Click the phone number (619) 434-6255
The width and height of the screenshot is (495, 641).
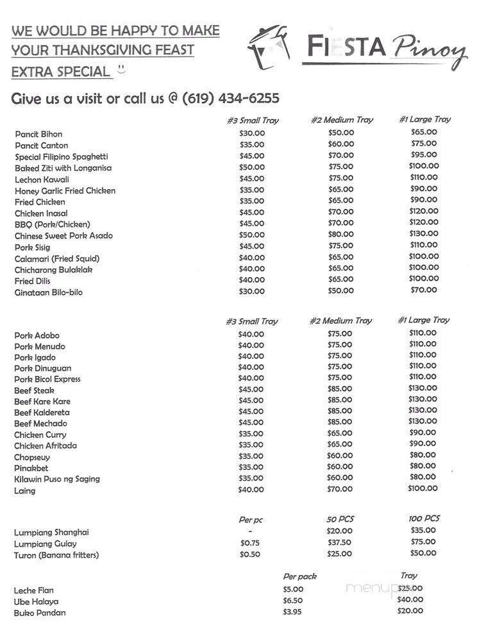(231, 99)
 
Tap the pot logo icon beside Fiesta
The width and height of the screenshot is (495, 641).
(268, 48)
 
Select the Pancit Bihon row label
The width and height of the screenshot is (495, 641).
(39, 134)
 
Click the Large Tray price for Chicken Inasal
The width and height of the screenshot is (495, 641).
(423, 211)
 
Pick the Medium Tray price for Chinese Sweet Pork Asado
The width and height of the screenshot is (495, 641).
(340, 234)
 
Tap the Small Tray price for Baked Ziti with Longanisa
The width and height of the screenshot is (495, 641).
(251, 167)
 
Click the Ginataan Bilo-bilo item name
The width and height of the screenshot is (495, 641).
(49, 292)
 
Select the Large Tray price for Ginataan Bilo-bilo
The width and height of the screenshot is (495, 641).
(423, 290)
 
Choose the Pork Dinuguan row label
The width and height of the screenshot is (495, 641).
(43, 368)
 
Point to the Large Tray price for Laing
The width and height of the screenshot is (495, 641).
(423, 488)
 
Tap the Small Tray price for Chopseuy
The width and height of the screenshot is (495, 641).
(251, 456)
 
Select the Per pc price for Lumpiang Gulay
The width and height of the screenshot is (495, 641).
(250, 543)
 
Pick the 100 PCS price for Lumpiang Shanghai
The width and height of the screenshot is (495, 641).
(423, 530)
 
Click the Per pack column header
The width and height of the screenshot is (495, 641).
(299, 576)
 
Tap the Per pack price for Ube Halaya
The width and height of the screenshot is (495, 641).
(292, 601)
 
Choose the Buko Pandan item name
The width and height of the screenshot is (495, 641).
(40, 613)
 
